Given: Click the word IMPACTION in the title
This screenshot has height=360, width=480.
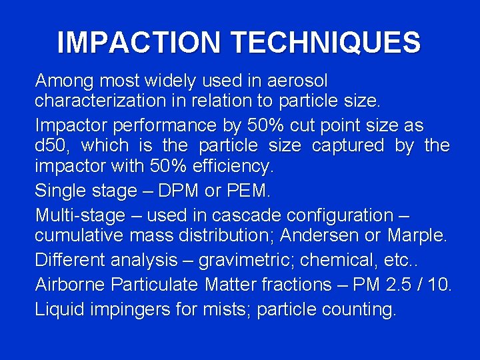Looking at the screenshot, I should (139, 43).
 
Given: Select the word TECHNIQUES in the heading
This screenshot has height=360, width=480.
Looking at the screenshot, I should (326, 43).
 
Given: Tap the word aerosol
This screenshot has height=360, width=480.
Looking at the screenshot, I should (297, 81).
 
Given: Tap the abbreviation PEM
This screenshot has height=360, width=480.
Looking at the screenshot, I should (247, 191).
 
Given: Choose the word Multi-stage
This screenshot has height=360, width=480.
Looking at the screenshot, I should (80, 215).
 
